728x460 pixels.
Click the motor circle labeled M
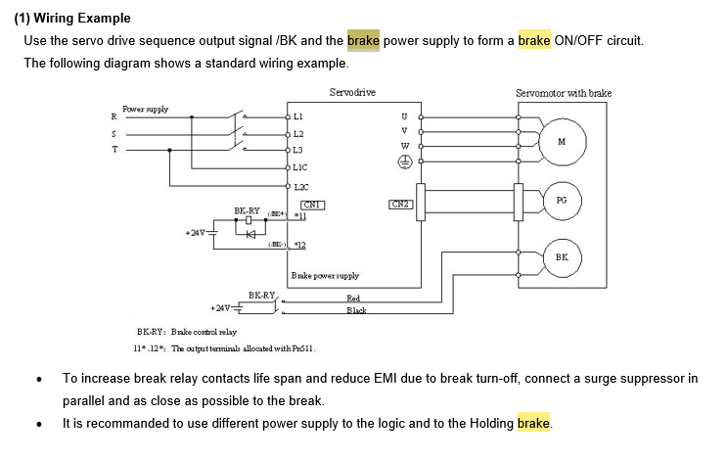561,141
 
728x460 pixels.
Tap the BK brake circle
561,256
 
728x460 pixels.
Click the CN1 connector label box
312,205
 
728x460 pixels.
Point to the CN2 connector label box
401,205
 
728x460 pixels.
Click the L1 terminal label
298,116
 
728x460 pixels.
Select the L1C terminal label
300,167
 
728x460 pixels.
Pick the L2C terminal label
300,185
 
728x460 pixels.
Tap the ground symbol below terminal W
404,164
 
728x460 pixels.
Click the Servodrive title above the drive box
351,92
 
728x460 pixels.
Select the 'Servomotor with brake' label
563,93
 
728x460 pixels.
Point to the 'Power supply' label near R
145,109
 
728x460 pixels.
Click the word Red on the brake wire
353,299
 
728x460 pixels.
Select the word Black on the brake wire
356,311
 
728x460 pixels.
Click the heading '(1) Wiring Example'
71,19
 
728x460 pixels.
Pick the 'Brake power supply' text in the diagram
325,276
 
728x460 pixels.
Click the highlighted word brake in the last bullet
534,424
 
